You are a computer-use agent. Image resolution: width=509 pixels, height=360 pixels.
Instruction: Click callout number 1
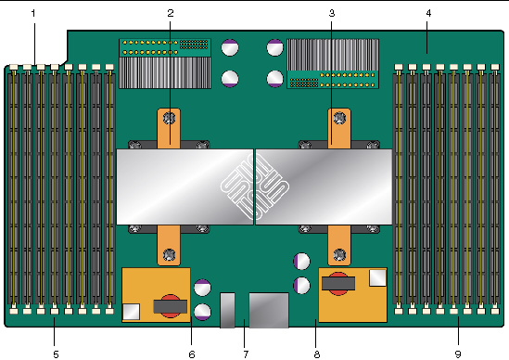pyautogui.click(x=33, y=13)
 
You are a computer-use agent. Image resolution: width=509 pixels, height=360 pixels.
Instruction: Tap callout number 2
pyautogui.click(x=171, y=13)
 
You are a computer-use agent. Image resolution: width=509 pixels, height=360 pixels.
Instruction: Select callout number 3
pyautogui.click(x=331, y=13)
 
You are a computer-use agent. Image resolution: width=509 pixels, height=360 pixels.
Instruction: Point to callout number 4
pyautogui.click(x=428, y=13)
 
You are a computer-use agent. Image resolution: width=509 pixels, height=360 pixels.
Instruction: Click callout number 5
pyautogui.click(x=56, y=354)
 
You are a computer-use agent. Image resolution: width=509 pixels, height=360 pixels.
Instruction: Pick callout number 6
pyautogui.click(x=192, y=354)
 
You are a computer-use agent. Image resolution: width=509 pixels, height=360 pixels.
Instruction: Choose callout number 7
pyautogui.click(x=246, y=354)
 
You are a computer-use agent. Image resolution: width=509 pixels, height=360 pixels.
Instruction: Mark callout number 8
pyautogui.click(x=317, y=354)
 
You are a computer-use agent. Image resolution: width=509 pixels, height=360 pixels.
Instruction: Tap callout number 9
pyautogui.click(x=458, y=354)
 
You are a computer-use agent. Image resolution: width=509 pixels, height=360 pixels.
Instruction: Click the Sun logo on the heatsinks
pyautogui.click(x=254, y=186)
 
